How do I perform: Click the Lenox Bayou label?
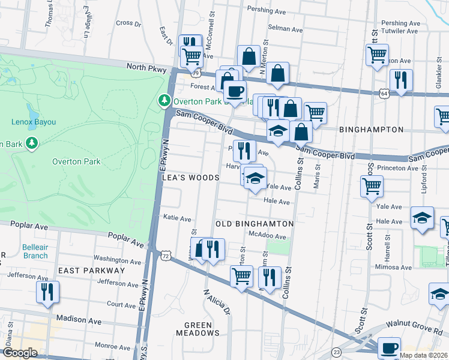click(33, 122)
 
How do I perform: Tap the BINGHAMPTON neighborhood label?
click(371, 130)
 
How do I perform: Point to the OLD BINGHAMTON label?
click(255, 224)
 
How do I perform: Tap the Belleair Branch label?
click(35, 251)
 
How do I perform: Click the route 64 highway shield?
click(384, 93)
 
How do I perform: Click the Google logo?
click(20, 353)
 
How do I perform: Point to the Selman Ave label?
click(285, 28)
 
